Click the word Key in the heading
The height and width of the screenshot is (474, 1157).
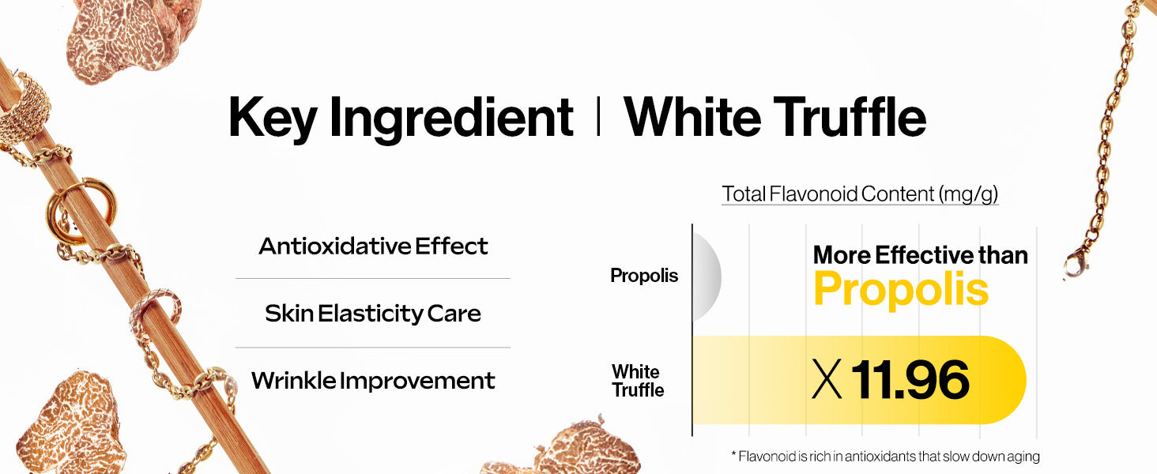pos(272,118)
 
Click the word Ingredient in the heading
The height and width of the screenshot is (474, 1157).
pos(451,118)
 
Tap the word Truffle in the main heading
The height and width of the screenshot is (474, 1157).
pos(850,117)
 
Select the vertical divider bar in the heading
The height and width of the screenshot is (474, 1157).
pos(598,117)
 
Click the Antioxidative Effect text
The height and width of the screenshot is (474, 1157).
pos(373,246)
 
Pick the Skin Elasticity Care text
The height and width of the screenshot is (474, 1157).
pos(373,314)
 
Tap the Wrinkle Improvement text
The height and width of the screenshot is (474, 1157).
pos(373,381)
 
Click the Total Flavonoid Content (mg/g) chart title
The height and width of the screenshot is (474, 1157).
pos(860,194)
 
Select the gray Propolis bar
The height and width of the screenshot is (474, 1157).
pos(707,276)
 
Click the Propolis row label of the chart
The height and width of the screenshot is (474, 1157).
pos(644,276)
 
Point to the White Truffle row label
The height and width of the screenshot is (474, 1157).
pos(638,381)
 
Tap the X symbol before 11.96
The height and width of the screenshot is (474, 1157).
pos(827,380)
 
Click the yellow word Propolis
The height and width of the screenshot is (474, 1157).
pos(901,290)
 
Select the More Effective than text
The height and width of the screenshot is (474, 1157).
pos(921,255)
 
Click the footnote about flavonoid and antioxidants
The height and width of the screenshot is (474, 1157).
pos(885,457)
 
